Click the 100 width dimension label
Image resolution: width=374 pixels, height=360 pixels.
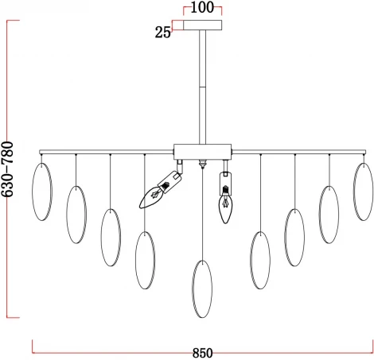click(202, 7)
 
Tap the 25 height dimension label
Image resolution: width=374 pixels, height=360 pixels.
click(162, 33)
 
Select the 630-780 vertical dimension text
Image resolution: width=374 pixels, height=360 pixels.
click(7, 169)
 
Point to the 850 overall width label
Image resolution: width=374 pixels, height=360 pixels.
click(202, 353)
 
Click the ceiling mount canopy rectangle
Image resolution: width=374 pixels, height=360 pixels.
click(203, 25)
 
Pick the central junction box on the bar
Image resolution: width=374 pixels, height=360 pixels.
click(202, 152)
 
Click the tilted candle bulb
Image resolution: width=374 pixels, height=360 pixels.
click(150, 197)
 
